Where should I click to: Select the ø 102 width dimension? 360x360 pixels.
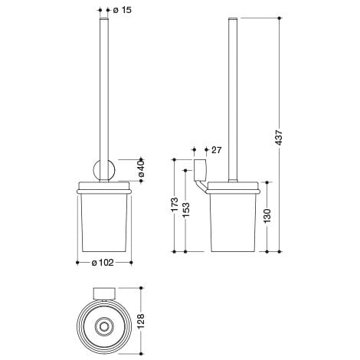pos(106,262)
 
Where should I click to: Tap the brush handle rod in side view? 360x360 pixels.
pos(231,92)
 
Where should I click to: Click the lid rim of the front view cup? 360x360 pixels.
pos(106,187)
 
